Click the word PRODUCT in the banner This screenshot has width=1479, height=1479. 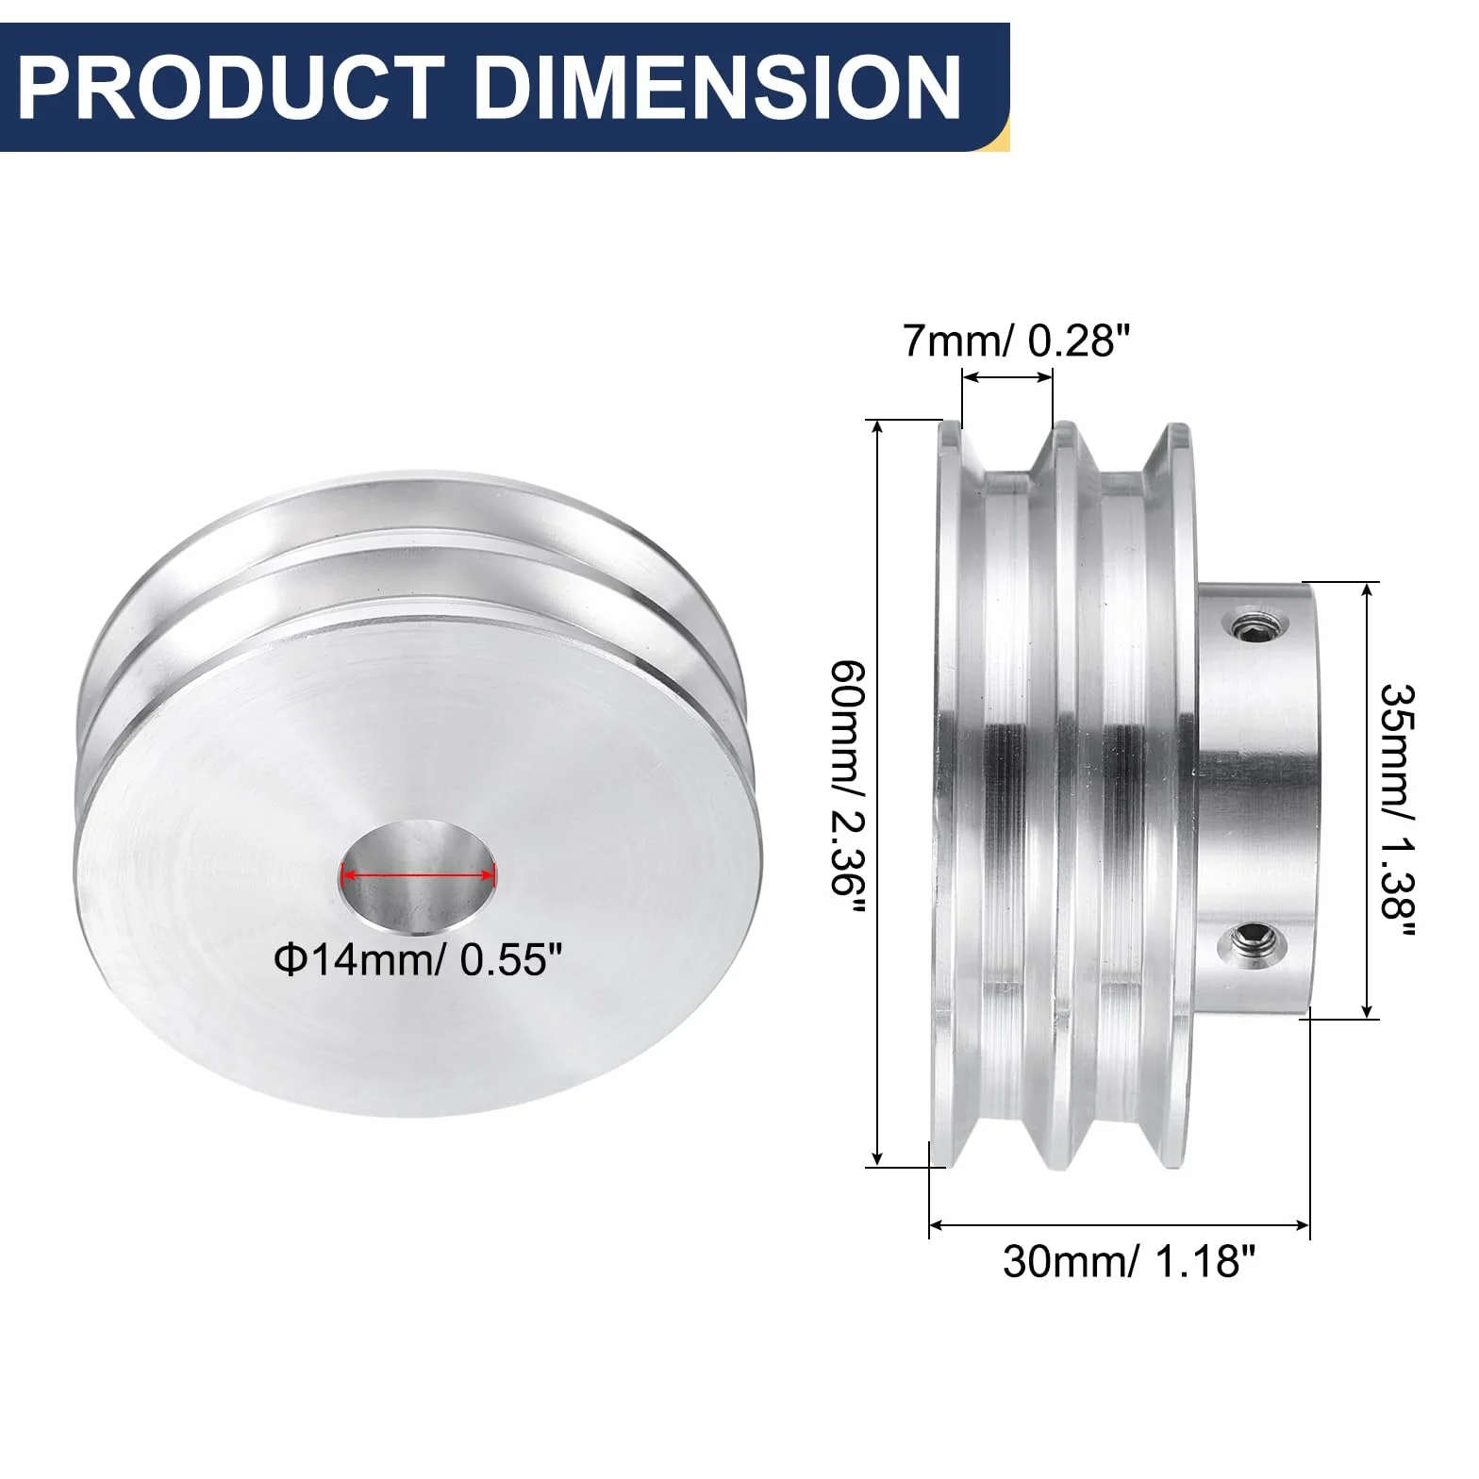click(x=231, y=88)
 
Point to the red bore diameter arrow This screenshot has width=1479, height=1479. click(x=418, y=875)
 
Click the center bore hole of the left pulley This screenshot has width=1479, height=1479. click(x=418, y=875)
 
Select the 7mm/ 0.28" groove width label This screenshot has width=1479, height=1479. click(x=1016, y=341)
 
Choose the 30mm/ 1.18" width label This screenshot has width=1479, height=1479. click(x=1129, y=1261)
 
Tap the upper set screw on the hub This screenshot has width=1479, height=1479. click(x=1253, y=624)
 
